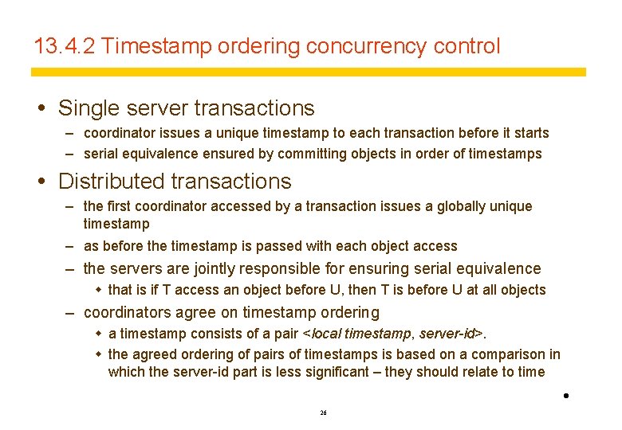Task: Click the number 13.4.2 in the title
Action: [65, 46]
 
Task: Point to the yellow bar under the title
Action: [308, 72]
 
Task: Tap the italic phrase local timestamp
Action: [358, 334]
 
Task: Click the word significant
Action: [334, 372]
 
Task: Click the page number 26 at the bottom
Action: [323, 413]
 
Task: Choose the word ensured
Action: [232, 154]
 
